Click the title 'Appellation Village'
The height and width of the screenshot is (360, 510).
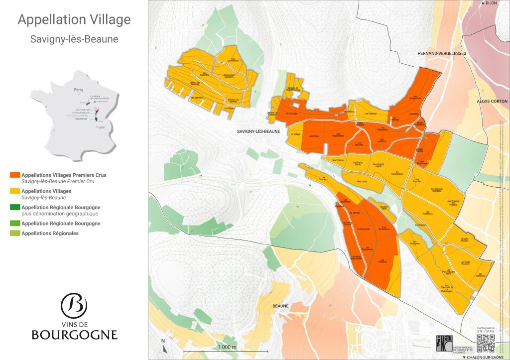[x=74, y=19]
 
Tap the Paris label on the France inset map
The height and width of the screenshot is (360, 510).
[x=78, y=90]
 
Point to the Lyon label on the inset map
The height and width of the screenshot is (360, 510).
[x=102, y=127]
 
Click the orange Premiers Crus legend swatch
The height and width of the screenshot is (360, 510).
[x=14, y=175]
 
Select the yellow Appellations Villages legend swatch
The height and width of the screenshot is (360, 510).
[x=14, y=191]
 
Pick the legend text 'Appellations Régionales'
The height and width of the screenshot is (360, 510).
[x=50, y=233]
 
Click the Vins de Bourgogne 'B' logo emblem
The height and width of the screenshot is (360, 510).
[x=74, y=304]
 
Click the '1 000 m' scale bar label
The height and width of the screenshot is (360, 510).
[x=226, y=347]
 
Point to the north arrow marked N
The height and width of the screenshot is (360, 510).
[x=163, y=344]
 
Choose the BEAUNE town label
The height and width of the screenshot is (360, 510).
[x=281, y=306]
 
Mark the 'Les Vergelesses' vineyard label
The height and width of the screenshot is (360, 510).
[x=415, y=97]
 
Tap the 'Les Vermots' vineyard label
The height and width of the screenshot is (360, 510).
[x=198, y=98]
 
